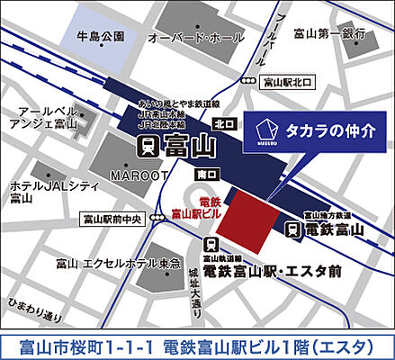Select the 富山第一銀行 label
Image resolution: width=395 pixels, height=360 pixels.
(335, 33)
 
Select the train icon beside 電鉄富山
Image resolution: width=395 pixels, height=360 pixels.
(293, 229)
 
